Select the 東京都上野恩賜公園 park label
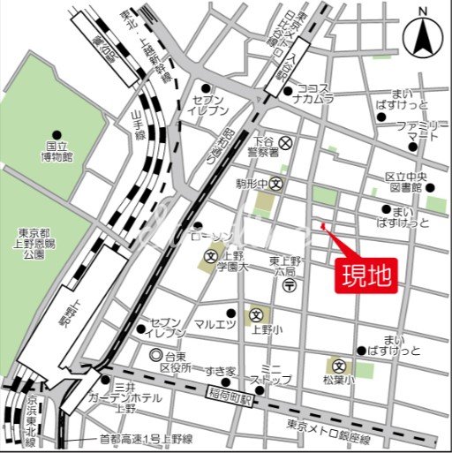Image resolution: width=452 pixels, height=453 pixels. click(34, 244)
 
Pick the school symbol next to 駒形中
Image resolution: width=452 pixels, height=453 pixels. click(276, 185)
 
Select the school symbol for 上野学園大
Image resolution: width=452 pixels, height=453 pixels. click(210, 258)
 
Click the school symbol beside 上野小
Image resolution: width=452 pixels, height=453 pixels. click(255, 315)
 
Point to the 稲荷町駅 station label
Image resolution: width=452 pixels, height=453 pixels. click(230, 389)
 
